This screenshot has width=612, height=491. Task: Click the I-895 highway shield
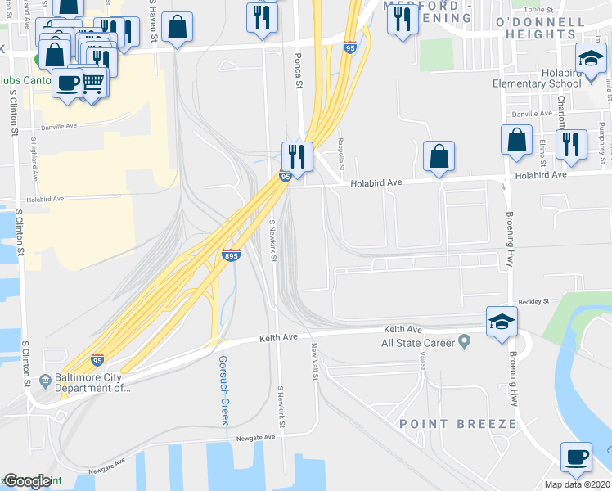pyautogui.click(x=232, y=255)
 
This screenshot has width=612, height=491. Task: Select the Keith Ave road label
pyautogui.click(x=278, y=337)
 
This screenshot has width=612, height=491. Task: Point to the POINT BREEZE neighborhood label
pyautogui.click(x=458, y=423)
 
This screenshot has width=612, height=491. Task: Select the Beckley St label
pyautogui.click(x=533, y=302)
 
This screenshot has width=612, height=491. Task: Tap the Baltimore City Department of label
pyautogui.click(x=92, y=383)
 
